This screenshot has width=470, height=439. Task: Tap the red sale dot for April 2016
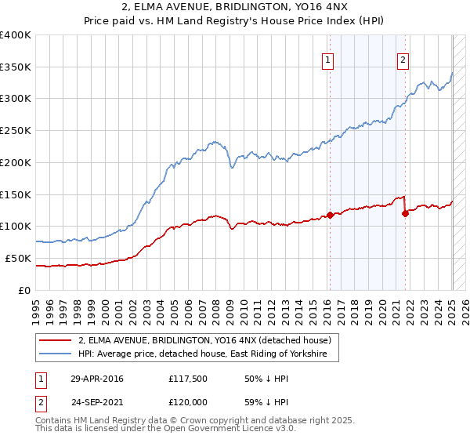330,214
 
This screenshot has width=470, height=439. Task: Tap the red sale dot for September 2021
405,212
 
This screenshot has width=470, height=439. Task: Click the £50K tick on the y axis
19,258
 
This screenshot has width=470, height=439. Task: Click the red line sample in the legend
54,340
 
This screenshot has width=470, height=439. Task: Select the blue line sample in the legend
54,355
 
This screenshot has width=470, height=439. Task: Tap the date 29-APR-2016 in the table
97,379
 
